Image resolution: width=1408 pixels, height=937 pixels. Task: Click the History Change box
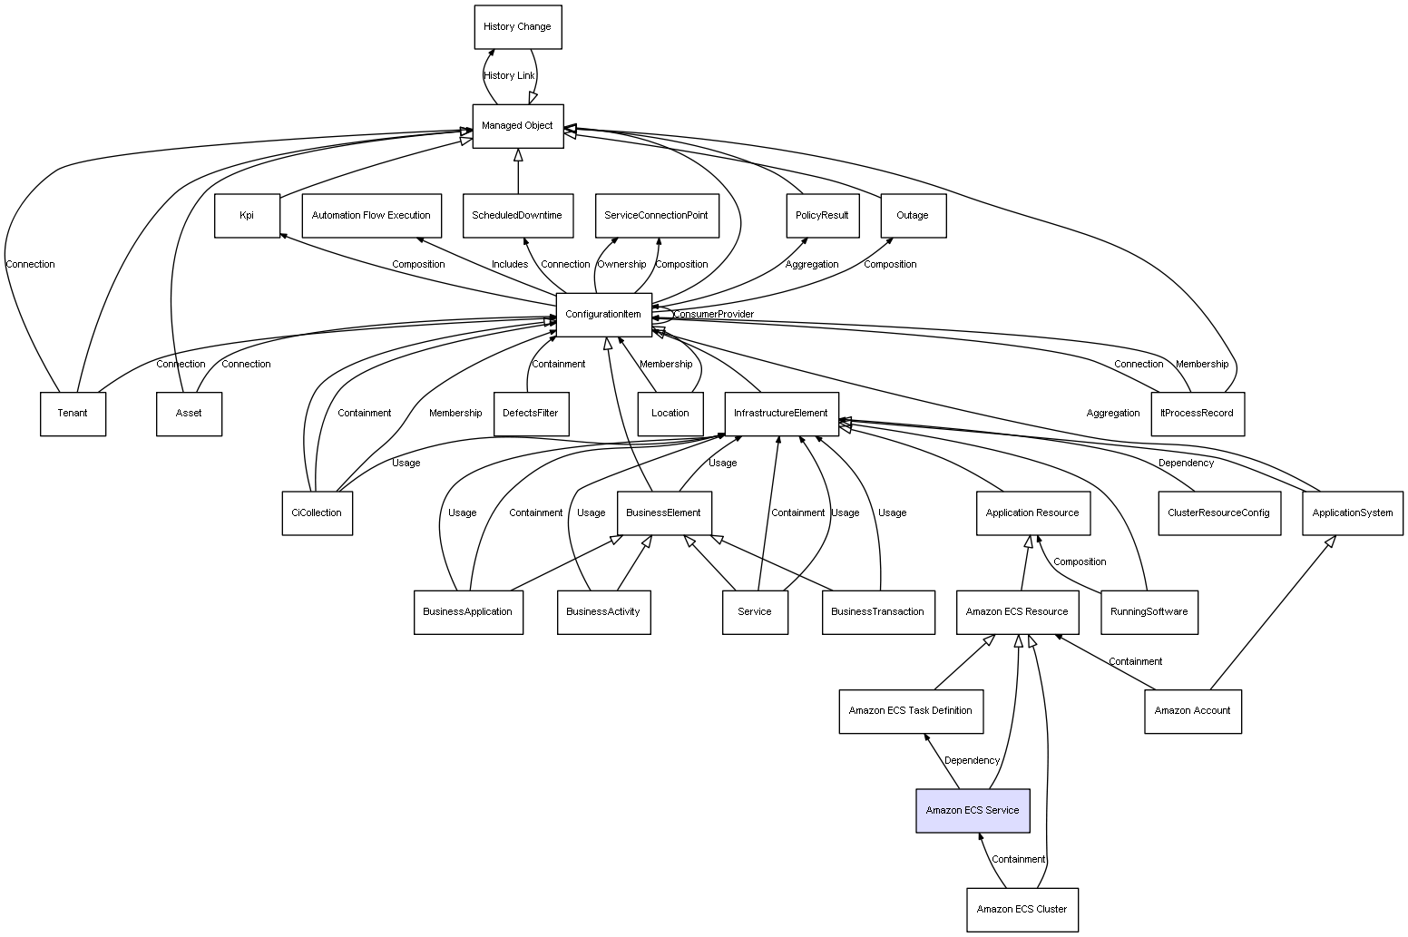point(517,27)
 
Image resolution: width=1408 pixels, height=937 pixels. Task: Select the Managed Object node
point(517,126)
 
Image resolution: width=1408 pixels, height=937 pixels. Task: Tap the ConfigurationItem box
point(603,315)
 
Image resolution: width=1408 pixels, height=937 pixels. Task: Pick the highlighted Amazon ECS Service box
point(973,810)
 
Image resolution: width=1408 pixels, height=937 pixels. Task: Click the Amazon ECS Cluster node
point(1022,909)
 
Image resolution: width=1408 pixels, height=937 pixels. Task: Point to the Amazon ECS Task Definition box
point(910,710)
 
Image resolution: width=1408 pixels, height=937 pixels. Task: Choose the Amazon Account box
point(1192,710)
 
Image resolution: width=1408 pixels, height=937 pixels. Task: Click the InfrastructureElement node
point(780,414)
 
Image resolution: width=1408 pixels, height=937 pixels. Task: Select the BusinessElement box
point(663,512)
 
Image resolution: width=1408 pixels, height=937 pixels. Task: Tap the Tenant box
point(73,414)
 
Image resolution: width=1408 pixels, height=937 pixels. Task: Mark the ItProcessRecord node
point(1198,414)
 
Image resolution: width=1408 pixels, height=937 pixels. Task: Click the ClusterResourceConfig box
point(1218,512)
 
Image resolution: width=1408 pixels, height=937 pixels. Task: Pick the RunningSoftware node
point(1149,611)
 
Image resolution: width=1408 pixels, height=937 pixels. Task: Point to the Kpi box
point(247,216)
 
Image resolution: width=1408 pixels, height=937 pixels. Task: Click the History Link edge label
point(509,76)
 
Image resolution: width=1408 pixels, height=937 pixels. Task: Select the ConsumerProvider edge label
point(713,315)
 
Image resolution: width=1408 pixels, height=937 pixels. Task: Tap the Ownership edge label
point(621,265)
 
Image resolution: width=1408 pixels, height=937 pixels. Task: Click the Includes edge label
point(510,265)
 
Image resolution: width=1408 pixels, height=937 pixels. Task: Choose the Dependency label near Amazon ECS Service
point(972,761)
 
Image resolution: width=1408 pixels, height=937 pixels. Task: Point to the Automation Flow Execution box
point(371,216)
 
